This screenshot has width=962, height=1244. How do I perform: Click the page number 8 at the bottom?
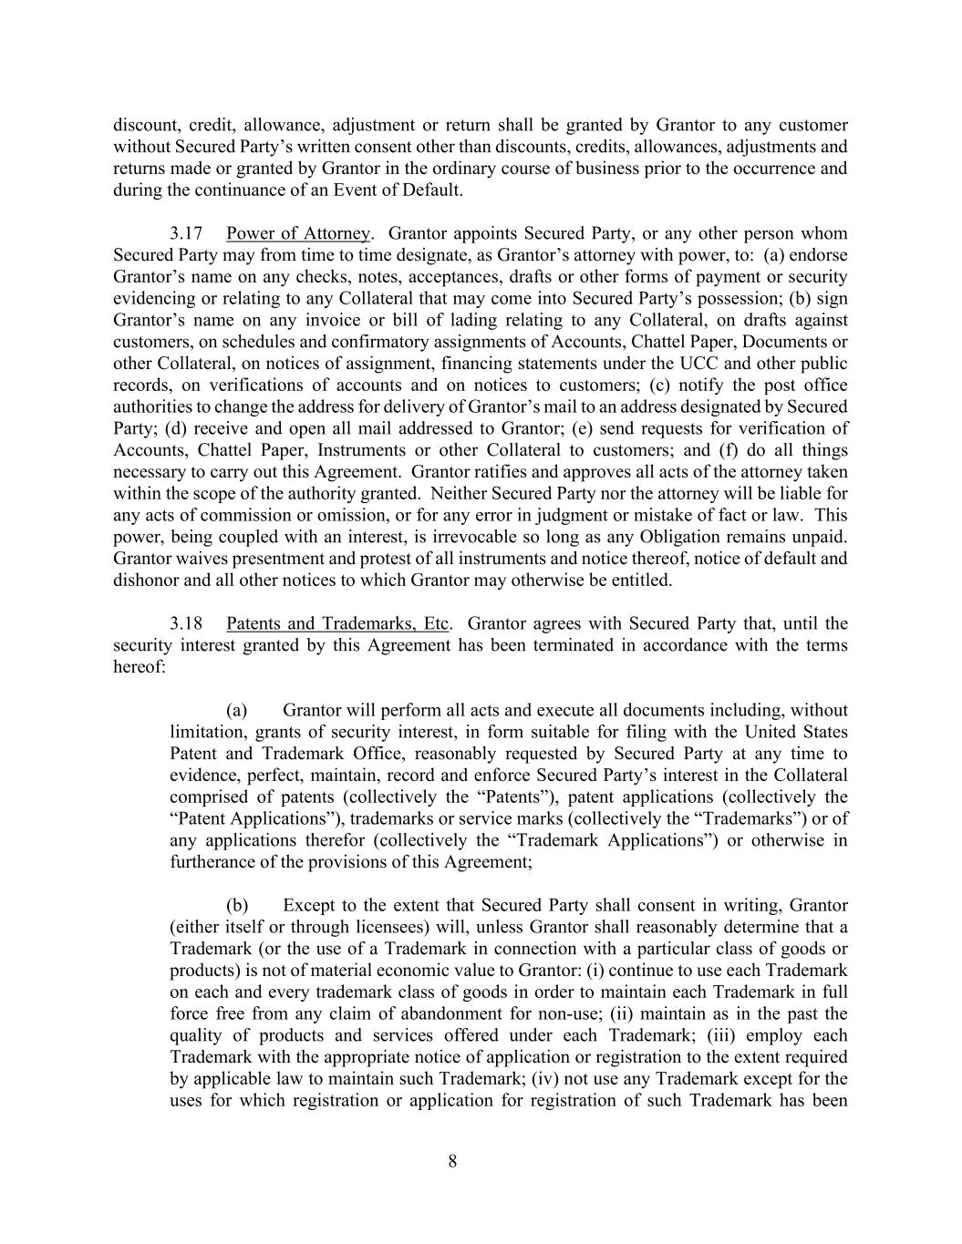(x=452, y=1161)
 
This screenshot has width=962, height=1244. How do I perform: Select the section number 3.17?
(x=185, y=233)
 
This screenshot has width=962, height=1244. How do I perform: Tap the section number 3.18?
(x=185, y=623)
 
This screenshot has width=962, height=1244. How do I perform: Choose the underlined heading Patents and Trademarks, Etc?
(x=337, y=623)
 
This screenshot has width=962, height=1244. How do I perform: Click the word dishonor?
(x=146, y=581)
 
